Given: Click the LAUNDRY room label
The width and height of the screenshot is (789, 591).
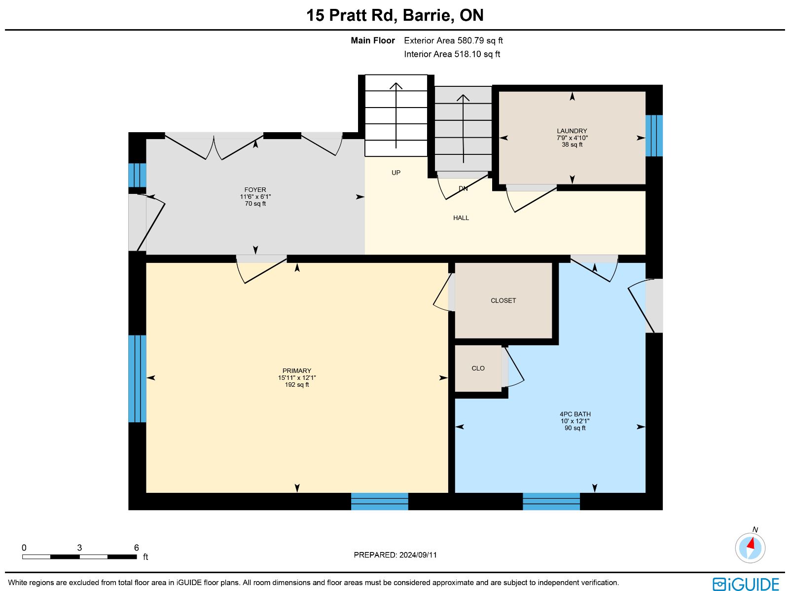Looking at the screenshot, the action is point(572,131).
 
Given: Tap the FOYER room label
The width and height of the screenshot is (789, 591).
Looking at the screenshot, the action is point(255,190).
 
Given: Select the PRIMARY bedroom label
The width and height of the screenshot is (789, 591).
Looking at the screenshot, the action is point(296,370).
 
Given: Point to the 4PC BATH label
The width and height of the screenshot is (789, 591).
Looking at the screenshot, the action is point(575,414).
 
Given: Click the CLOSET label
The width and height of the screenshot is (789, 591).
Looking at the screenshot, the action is point(503,300).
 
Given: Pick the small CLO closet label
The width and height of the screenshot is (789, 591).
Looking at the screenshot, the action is point(478,368).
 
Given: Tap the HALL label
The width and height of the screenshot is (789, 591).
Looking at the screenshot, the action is point(461,218).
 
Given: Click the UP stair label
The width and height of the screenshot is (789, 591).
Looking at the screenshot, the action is point(396,173).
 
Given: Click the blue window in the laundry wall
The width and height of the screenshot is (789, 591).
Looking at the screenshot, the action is point(654,136).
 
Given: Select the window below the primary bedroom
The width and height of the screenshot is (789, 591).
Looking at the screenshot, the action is point(380,501).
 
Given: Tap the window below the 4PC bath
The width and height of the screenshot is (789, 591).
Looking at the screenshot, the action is point(551,501).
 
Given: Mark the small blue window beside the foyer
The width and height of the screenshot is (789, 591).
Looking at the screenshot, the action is point(137,175).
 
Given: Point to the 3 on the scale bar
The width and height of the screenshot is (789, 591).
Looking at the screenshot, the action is point(79,548).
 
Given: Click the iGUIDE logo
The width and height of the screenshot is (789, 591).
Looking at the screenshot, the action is point(746,584).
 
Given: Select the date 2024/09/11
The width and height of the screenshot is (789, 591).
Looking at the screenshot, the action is point(418,554).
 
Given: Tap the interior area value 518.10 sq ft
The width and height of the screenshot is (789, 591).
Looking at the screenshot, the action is point(477,54).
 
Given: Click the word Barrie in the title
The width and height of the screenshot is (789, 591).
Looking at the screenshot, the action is point(427,15).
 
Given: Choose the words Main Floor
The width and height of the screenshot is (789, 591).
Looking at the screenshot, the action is point(373,40).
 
